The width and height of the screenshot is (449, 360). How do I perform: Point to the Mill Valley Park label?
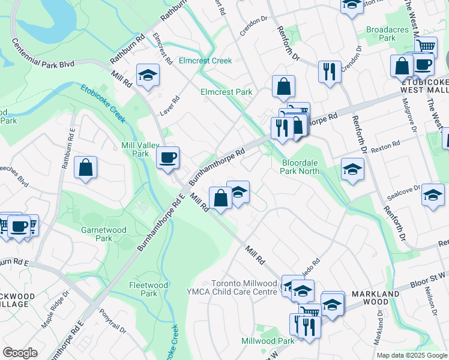135,149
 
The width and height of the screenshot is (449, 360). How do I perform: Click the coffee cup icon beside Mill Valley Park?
168,157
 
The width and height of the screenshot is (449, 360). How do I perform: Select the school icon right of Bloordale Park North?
352,169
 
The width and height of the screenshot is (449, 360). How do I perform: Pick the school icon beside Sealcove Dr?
433,194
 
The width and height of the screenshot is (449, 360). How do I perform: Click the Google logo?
20,352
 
